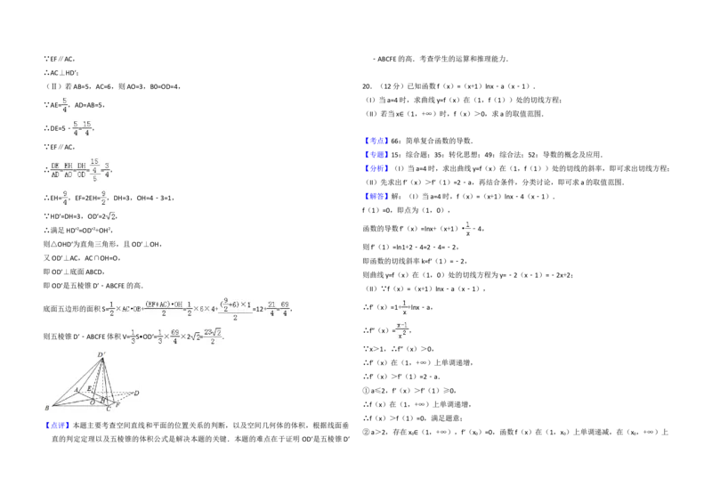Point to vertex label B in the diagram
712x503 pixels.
[x=47, y=409]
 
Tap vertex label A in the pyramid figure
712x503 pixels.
[x=77, y=390]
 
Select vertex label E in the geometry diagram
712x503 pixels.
[x=89, y=389]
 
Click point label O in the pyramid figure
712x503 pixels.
[x=92, y=402]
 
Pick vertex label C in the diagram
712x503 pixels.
[x=109, y=409]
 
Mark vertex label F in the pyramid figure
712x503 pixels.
[x=118, y=404]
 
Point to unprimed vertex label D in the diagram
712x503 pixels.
[x=136, y=393]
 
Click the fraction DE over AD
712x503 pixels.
[x=55, y=170]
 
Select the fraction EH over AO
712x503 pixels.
[x=69, y=170]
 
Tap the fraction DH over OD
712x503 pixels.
[x=81, y=170]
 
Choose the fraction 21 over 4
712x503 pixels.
[x=271, y=309]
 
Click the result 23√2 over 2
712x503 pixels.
[x=212, y=337]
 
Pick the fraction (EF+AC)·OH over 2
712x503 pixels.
[x=162, y=309]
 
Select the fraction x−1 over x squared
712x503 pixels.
[x=401, y=331]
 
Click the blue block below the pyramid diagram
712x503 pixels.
[x=57, y=426]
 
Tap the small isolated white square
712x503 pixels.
[x=481, y=146]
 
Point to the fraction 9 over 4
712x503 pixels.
[x=65, y=198]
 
